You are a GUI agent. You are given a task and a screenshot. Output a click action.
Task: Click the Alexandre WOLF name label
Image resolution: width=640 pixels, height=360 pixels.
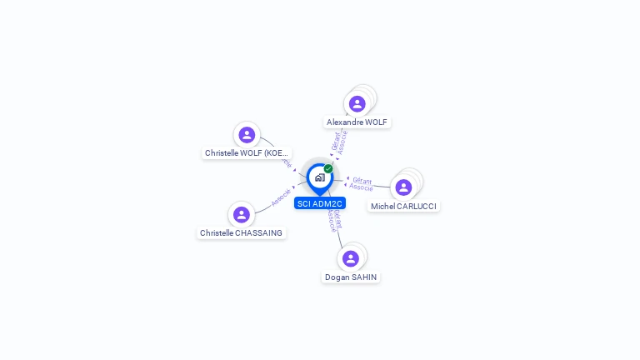click(x=357, y=122)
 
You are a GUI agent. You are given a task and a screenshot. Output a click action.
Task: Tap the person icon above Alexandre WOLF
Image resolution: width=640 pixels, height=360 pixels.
click(x=357, y=103)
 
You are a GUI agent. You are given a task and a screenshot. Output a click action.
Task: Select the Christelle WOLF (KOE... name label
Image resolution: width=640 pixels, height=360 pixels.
click(x=247, y=153)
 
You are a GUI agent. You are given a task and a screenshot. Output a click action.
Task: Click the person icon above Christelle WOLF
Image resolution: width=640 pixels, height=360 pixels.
click(x=247, y=134)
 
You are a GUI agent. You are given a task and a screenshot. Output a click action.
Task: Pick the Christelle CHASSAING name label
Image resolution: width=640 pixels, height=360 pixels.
click(x=241, y=233)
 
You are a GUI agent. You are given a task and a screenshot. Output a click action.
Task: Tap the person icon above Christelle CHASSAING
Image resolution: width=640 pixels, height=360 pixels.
click(x=242, y=214)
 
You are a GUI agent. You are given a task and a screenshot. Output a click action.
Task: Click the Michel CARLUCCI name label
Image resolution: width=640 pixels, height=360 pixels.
click(x=403, y=206)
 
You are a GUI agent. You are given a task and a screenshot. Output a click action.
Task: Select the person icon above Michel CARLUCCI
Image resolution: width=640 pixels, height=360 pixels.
click(x=403, y=187)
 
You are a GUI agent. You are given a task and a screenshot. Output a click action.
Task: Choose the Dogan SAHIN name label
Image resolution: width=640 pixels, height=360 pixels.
click(x=351, y=277)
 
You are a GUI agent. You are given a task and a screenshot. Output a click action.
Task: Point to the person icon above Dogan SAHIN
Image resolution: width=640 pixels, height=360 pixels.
click(x=351, y=258)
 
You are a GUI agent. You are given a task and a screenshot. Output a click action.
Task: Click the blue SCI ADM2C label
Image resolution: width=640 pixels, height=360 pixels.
click(x=320, y=203)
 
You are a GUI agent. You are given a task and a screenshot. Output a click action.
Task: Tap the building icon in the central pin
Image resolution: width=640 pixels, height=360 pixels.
click(x=319, y=177)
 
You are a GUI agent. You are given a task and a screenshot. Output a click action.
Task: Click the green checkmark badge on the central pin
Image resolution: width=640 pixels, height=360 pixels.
click(x=328, y=168)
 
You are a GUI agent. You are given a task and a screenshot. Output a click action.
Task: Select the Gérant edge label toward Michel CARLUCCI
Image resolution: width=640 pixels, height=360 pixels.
click(x=362, y=180)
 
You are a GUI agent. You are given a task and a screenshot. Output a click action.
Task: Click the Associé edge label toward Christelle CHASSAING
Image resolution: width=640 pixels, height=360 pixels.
click(x=281, y=198)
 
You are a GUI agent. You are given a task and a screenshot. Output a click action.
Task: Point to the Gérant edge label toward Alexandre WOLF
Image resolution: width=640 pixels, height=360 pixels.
click(x=335, y=142)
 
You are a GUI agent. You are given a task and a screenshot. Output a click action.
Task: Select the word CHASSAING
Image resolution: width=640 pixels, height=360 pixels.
click(x=259, y=233)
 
